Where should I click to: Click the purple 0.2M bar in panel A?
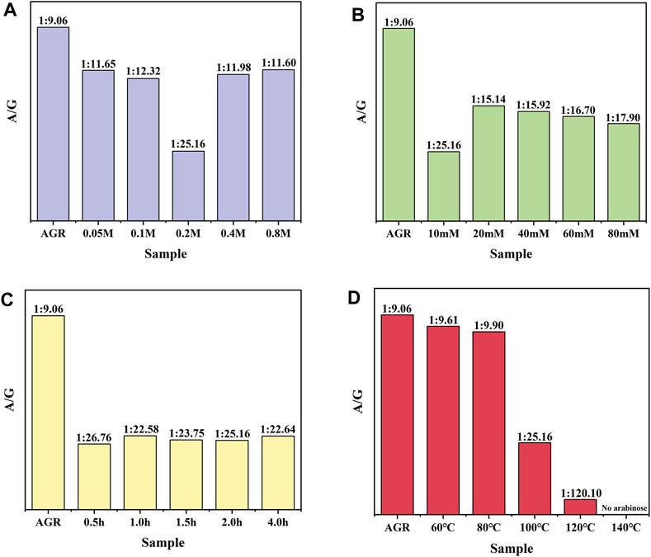coord(187,186)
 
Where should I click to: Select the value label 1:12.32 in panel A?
coord(142,72)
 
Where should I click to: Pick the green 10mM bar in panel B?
coord(443,186)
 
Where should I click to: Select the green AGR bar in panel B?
coord(398,124)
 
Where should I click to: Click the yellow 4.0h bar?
coord(278,471)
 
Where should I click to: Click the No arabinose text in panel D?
coord(625,508)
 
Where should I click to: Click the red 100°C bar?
coord(535,479)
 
